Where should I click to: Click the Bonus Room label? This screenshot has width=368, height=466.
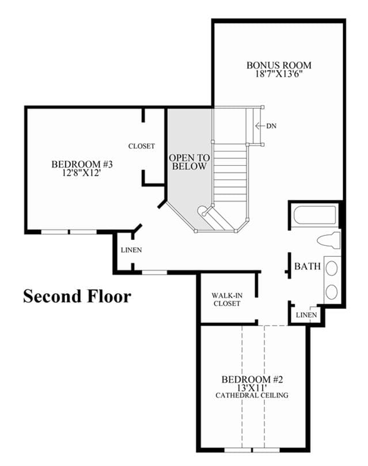point(279,65)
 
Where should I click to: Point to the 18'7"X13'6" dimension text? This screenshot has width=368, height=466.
point(279,74)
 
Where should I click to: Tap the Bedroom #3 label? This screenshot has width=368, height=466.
point(82,164)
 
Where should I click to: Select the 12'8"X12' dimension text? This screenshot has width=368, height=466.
point(82,173)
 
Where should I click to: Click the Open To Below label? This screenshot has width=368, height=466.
point(189,162)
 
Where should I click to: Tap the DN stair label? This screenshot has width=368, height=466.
point(271,126)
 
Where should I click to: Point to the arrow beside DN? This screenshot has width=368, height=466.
point(260,126)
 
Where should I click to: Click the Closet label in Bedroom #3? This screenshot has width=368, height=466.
point(142,146)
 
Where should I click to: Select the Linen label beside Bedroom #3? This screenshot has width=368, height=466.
point(131,250)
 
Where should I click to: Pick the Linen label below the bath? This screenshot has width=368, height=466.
point(306,315)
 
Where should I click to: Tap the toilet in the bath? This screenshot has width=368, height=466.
point(328,240)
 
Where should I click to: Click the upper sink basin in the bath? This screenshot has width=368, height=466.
point(332,268)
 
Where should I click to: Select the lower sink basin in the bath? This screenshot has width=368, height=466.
point(332,291)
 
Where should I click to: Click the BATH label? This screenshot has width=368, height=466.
point(308,266)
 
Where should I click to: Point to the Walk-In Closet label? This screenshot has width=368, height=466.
point(227,300)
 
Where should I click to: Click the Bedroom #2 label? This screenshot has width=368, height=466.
point(252,379)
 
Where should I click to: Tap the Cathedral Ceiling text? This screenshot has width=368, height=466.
point(252,396)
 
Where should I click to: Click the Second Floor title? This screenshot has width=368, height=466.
point(77,296)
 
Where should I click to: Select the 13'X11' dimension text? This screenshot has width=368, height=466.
point(251,388)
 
